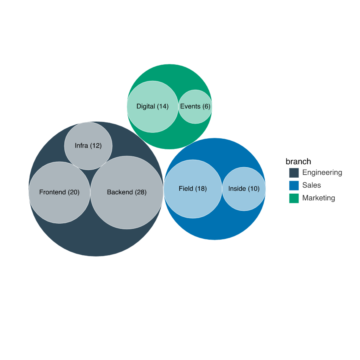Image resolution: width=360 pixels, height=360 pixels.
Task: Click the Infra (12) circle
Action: click(88, 146)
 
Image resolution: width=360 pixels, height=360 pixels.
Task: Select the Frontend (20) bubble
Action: click(60, 192)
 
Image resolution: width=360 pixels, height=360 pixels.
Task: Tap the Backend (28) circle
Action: click(127, 192)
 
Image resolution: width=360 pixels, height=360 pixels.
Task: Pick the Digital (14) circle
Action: click(153, 106)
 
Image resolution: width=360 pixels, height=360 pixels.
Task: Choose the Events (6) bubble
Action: click(195, 106)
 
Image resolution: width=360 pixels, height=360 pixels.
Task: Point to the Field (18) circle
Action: click(193, 189)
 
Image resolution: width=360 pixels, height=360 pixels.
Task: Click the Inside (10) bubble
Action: click(244, 189)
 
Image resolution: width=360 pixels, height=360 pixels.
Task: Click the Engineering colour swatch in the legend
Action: click(294, 173)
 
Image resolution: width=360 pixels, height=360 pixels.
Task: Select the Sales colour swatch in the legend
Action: click(294, 186)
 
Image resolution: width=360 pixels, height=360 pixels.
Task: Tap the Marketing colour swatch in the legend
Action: click(294, 198)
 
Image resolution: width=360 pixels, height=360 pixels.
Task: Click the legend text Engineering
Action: click(322, 173)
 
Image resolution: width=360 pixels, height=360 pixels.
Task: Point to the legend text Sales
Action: click(312, 185)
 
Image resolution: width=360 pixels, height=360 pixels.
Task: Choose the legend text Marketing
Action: click(319, 198)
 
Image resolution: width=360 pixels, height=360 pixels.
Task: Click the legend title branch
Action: click(298, 162)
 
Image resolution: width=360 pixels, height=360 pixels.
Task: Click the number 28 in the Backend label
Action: click(140, 192)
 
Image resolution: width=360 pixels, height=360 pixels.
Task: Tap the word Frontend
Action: click(52, 192)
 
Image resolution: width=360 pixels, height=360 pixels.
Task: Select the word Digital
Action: click(146, 106)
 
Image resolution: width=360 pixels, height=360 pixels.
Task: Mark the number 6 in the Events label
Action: click(206, 106)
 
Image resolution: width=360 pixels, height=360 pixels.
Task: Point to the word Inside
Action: click(237, 188)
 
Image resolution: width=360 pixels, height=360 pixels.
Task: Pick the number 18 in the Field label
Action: click(201, 188)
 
